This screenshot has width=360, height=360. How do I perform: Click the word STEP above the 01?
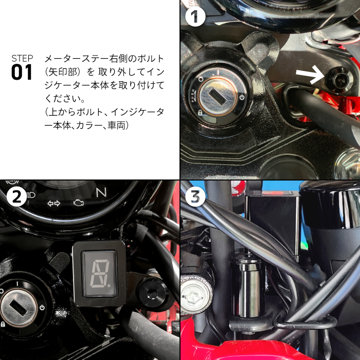(x=22, y=58)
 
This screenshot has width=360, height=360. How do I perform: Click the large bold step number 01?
(x=22, y=72)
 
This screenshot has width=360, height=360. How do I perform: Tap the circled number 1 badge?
(x=195, y=16)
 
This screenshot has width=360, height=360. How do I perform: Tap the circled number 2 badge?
(x=17, y=196)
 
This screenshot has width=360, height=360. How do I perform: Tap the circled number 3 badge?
(x=195, y=196)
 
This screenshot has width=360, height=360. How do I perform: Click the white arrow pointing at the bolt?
(x=310, y=75)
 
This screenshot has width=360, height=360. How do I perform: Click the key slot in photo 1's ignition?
(x=218, y=97)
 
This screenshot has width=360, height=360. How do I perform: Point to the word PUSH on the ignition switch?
(x=193, y=96)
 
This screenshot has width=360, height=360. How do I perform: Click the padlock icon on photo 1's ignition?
(x=200, y=113)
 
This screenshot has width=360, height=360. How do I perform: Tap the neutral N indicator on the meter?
(x=101, y=192)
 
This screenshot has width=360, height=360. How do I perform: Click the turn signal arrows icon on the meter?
(x=53, y=203)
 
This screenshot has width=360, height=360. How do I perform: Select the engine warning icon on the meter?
(x=78, y=203)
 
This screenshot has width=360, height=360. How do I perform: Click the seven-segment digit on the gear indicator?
(x=100, y=274)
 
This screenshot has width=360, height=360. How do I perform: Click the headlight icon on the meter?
(x=31, y=195)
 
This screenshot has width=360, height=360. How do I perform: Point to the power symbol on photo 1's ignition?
(x=242, y=97)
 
